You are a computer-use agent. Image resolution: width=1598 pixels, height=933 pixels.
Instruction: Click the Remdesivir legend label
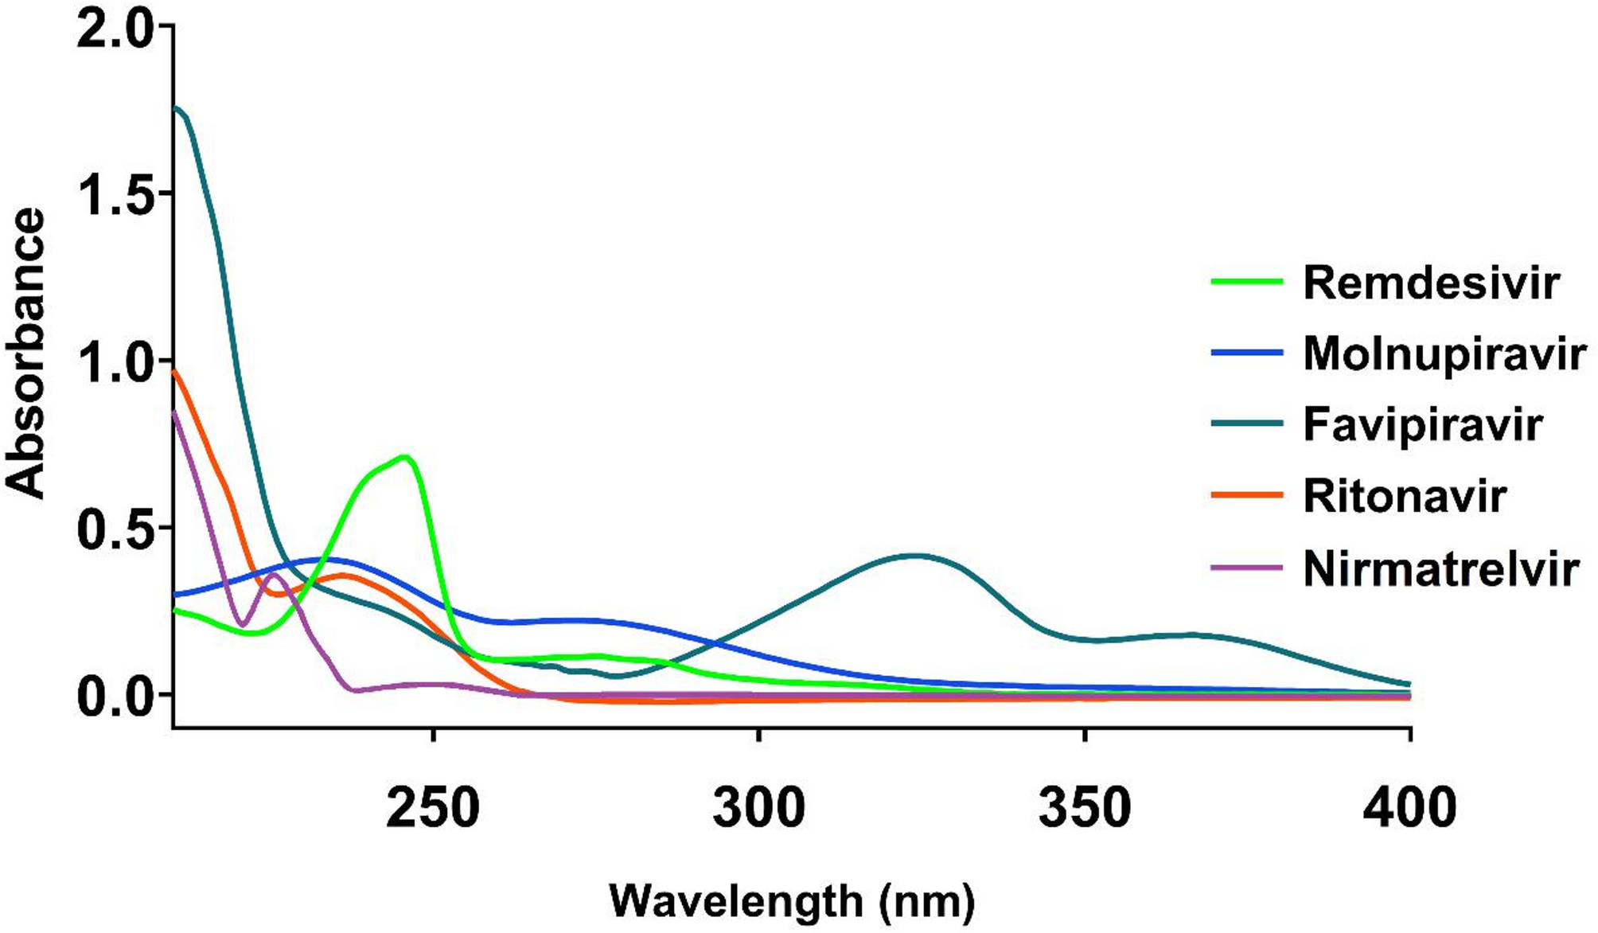(x=1430, y=283)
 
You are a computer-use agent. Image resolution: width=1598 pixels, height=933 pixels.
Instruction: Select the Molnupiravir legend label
(x=1444, y=353)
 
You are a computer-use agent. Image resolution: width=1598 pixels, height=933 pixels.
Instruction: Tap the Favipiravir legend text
(x=1422, y=424)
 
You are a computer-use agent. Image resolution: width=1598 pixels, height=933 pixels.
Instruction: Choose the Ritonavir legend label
(x=1404, y=496)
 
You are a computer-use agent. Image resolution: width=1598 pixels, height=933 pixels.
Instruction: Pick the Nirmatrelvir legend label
(x=1440, y=569)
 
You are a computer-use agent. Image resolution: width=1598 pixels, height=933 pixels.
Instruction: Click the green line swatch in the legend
(x=1247, y=282)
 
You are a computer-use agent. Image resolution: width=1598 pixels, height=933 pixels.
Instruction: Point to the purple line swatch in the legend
(x=1247, y=568)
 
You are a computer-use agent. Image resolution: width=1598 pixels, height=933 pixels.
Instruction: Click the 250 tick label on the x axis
(x=432, y=808)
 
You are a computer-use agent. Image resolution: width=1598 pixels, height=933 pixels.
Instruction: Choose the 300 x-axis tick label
(x=758, y=808)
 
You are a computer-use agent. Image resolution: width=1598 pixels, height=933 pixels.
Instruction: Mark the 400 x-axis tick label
(x=1409, y=808)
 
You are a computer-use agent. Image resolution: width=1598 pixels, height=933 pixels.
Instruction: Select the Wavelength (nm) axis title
(x=791, y=901)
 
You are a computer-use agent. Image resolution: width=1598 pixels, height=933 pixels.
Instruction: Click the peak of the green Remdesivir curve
(x=405, y=457)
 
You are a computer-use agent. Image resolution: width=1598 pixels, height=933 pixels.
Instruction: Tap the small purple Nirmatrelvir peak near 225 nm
(x=273, y=574)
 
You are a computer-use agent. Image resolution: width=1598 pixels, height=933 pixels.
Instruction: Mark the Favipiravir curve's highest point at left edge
(x=177, y=107)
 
